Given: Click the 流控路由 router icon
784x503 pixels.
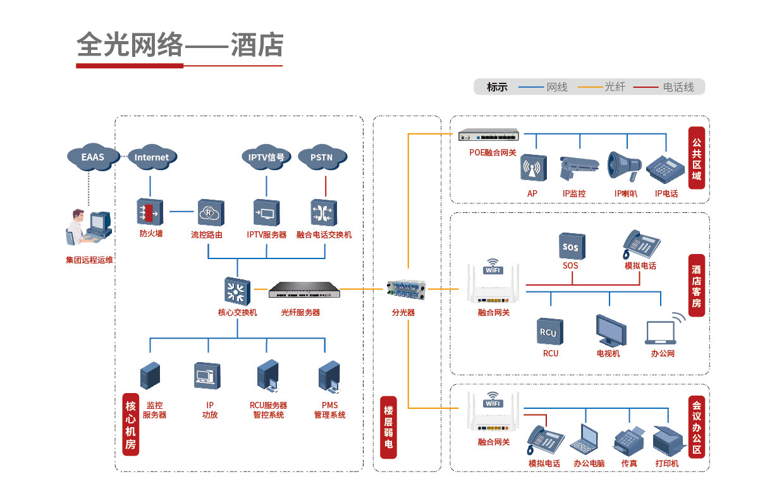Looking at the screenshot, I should click(x=209, y=212).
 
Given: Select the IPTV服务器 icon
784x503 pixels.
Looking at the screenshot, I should click(x=266, y=212).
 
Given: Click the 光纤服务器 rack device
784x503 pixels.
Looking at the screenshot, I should click(x=303, y=291).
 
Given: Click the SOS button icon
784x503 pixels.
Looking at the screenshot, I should click(x=570, y=246).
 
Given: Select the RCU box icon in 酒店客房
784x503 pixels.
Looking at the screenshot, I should click(x=549, y=332).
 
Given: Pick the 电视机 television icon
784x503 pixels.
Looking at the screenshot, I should click(x=610, y=330).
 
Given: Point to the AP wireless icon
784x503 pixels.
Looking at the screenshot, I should click(x=533, y=169).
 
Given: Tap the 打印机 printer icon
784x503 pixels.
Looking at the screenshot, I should click(x=669, y=441).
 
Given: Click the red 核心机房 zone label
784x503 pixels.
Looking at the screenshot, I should click(x=130, y=425).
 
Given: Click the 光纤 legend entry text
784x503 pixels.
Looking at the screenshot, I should click(x=615, y=87).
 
